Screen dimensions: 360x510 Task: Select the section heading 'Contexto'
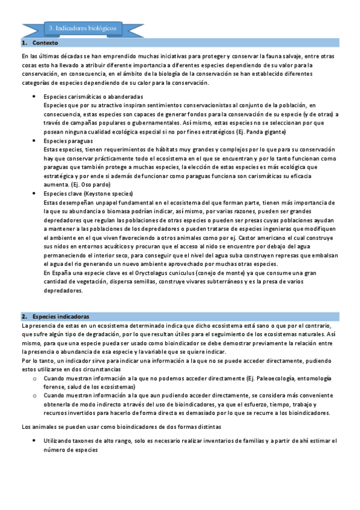coord(46,44)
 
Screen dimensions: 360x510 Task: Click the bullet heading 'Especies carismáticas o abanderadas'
coord(93,97)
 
